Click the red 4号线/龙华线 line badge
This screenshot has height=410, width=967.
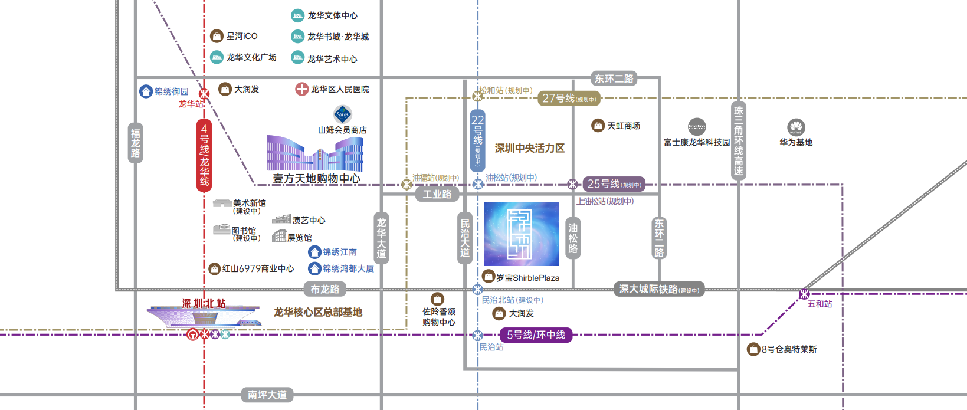(x=204, y=155)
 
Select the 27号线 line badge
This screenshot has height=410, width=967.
(x=569, y=99)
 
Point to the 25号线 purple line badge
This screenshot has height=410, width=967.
(x=614, y=184)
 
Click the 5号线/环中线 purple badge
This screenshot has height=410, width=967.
(x=536, y=335)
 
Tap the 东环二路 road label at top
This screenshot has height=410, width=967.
(x=614, y=78)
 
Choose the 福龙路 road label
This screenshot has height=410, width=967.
(x=136, y=143)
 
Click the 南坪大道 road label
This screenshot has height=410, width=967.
(x=267, y=395)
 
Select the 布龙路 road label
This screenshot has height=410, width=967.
(x=325, y=289)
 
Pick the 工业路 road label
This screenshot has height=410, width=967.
(x=437, y=194)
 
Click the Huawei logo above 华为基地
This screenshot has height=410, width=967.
(x=796, y=127)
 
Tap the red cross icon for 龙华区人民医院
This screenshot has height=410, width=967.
(x=301, y=89)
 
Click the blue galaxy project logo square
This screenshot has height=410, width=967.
(x=521, y=234)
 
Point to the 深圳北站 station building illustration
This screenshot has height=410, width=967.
(x=204, y=317)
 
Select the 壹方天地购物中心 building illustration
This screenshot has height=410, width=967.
(x=315, y=154)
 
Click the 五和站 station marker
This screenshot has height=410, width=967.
(x=804, y=294)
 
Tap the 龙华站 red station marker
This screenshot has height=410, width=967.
(x=204, y=94)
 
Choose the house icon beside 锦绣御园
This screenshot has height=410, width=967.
(x=146, y=91)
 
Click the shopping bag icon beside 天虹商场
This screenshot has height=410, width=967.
(x=598, y=126)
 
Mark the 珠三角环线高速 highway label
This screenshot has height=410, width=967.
(x=738, y=141)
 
